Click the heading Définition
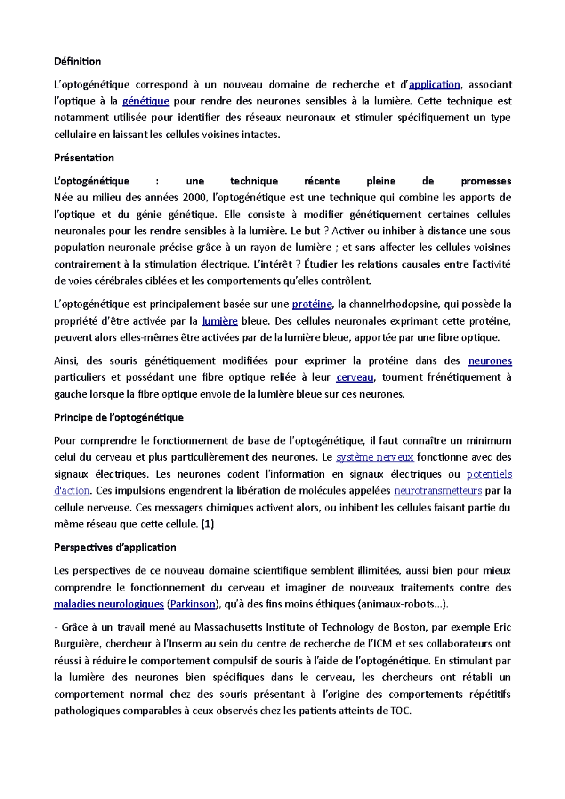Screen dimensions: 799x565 click(77, 62)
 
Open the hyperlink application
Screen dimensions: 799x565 click(434, 85)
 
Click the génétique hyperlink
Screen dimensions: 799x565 click(145, 101)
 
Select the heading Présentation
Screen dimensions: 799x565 click(84, 158)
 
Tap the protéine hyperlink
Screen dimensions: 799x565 click(312, 304)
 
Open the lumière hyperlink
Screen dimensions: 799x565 click(219, 321)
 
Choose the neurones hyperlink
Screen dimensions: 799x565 click(490, 361)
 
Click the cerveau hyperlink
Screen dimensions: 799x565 click(355, 377)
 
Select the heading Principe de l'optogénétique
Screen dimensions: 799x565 click(119, 417)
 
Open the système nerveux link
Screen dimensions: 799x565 click(375, 457)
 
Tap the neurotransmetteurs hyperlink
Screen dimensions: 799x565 click(437, 491)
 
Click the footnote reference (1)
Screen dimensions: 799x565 click(207, 524)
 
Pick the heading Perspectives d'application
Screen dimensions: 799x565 click(115, 547)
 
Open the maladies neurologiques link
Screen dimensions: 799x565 click(109, 604)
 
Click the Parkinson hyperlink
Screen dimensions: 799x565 click(193, 604)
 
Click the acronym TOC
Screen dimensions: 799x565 click(400, 711)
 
